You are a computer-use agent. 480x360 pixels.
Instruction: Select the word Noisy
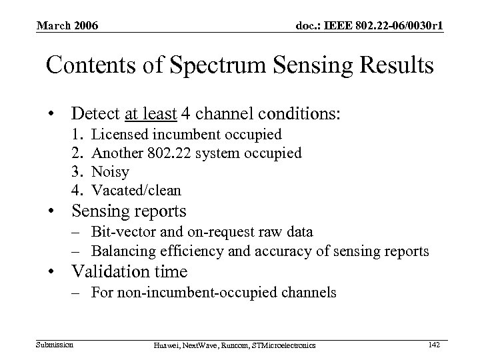pos(110,172)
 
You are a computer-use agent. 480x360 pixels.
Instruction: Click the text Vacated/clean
pos(136,191)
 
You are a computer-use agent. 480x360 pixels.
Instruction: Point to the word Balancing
pos(121,251)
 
